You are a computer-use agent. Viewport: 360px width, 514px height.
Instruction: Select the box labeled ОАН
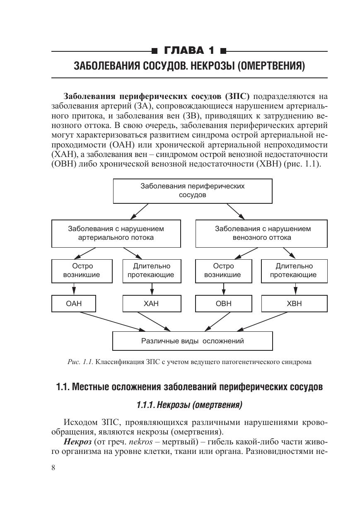[74, 304]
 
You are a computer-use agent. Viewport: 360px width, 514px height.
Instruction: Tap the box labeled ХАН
[151, 304]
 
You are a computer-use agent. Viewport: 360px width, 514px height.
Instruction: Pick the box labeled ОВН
[224, 304]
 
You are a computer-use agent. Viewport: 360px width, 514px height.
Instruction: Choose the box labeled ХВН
[294, 304]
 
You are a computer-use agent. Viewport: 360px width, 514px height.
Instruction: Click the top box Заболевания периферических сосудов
[192, 191]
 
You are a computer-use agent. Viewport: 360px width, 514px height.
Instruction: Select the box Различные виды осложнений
[192, 341]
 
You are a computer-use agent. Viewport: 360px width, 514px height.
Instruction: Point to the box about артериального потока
[116, 233]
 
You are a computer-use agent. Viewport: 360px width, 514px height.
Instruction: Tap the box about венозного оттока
[263, 233]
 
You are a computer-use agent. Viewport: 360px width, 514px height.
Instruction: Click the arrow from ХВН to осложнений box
[263, 321]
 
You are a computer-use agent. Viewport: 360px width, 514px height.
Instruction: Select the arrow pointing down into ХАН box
[152, 288]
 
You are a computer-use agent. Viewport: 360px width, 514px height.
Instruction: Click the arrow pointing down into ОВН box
[224, 288]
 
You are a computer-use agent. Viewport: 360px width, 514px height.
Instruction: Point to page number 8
[53, 468]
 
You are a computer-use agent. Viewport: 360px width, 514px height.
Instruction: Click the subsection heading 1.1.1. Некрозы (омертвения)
[189, 405]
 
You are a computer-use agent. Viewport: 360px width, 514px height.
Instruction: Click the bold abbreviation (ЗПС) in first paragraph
[237, 97]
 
